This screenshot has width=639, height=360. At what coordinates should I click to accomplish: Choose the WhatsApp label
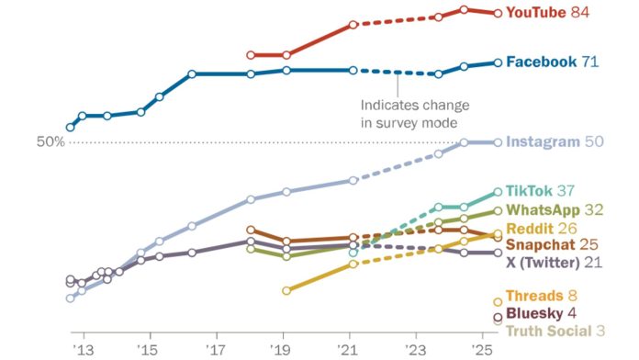[541, 209]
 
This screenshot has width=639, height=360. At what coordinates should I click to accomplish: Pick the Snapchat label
[540, 245]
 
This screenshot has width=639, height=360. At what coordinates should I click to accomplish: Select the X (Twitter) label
[542, 263]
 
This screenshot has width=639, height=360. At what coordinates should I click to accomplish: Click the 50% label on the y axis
[50, 141]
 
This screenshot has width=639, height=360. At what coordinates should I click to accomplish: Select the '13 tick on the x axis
[84, 350]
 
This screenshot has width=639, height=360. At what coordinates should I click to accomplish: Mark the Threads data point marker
[499, 300]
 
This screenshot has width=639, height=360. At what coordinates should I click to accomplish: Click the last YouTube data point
[499, 13]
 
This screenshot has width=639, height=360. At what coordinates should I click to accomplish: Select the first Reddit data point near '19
[286, 290]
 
